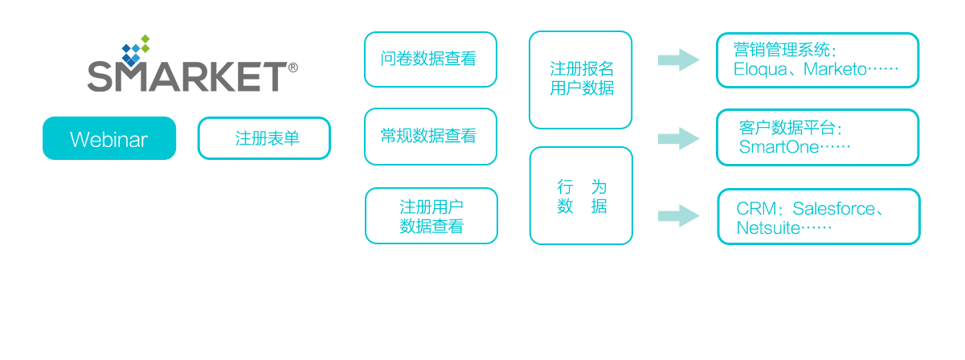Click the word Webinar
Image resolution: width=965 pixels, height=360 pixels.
109,140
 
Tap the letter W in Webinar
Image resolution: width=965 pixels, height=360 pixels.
78,140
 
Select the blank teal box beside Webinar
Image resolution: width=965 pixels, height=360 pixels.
264,138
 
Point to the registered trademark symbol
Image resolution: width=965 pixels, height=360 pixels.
292,68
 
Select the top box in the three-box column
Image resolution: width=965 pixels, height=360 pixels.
431,59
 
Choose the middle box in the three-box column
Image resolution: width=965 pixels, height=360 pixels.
431,137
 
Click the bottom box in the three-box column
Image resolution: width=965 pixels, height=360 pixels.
431,215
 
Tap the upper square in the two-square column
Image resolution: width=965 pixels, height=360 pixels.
581,80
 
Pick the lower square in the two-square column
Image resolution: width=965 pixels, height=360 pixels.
581,195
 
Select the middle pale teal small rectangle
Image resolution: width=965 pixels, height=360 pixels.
679,138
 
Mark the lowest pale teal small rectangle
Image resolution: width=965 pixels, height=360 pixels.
679,215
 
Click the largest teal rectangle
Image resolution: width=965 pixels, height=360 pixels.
818,137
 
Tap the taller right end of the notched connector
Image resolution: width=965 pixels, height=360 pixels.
689,59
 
